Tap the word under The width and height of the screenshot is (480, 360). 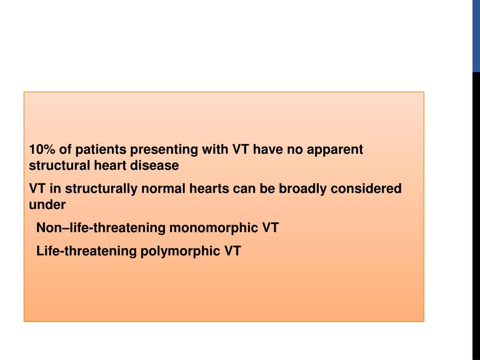point(47,204)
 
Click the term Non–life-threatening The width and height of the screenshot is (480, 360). point(101,228)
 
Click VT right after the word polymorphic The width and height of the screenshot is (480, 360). point(232,251)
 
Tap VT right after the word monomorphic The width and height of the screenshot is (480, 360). point(270,228)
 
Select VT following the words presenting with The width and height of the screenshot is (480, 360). point(241,150)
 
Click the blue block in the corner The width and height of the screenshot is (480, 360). point(476,36)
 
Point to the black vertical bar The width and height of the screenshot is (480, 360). point(476,216)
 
